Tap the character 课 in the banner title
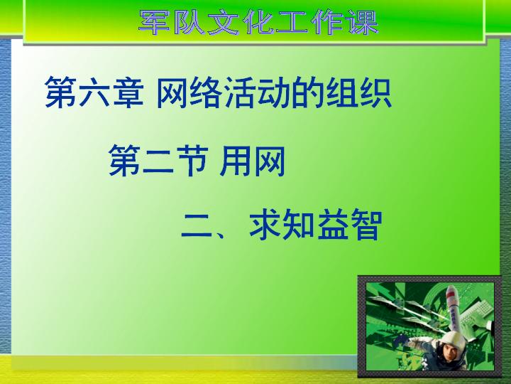pyautogui.click(x=363, y=22)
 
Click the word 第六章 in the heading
pyautogui.click(x=94, y=92)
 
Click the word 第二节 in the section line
pyautogui.click(x=158, y=161)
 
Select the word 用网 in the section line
pyautogui.click(x=253, y=161)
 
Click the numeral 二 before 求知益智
pyautogui.click(x=197, y=225)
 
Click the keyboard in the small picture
pyautogui.click(x=476, y=314)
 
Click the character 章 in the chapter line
pyautogui.click(x=128, y=92)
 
